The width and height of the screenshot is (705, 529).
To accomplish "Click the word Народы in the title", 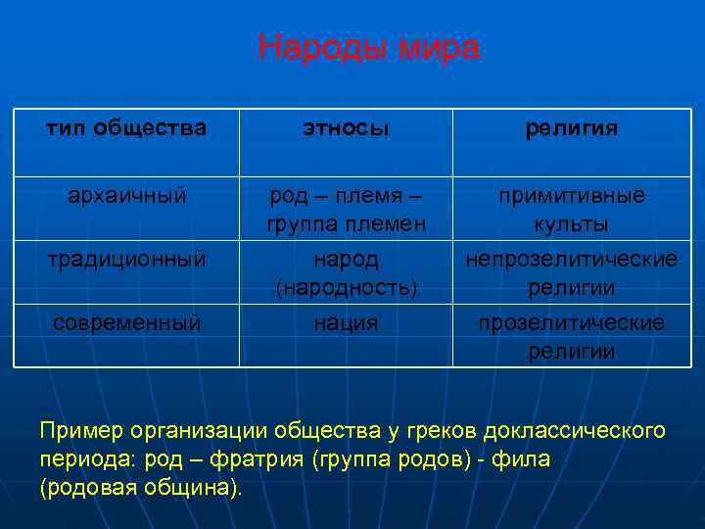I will click(314, 47).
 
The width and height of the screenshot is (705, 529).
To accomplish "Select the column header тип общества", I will click(126, 128).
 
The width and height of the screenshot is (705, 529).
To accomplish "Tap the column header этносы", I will click(345, 128).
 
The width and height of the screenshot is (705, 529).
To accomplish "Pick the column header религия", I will click(571, 128).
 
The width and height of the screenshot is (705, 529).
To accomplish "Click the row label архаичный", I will click(126, 196).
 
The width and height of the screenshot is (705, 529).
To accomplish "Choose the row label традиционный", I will click(126, 260).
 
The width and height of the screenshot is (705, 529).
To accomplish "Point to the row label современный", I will click(126, 322).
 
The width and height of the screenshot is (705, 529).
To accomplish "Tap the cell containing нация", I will click(345, 322).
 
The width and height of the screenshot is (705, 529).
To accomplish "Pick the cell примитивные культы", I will click(571, 210).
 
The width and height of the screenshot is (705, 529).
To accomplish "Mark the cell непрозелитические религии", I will click(571, 273).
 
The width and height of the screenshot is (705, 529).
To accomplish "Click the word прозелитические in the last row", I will click(571, 323).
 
